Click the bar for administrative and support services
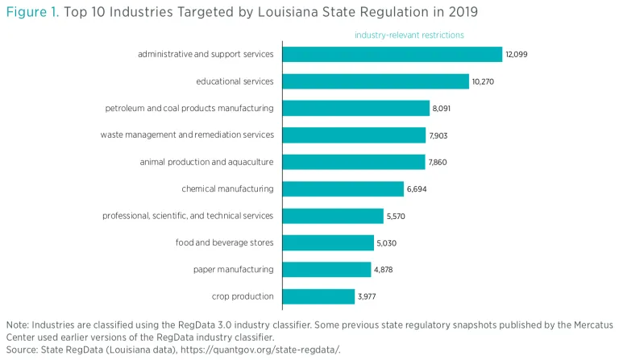coord(392,54)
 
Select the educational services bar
coord(376,81)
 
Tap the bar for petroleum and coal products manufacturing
coord(355,108)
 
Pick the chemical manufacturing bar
coord(343,188)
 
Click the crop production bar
coord(318,296)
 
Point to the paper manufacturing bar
coord(326,269)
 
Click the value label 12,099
coord(516,54)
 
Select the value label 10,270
coord(484,81)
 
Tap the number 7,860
coord(438,162)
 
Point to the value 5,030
coord(388,242)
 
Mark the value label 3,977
coord(367,296)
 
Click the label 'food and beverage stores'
coord(224,242)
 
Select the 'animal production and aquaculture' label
coord(206,162)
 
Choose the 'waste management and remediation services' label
coord(187,134)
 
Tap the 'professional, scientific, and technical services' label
coord(188,216)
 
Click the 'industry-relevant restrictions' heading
coord(409,35)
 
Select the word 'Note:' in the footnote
coord(17,325)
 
